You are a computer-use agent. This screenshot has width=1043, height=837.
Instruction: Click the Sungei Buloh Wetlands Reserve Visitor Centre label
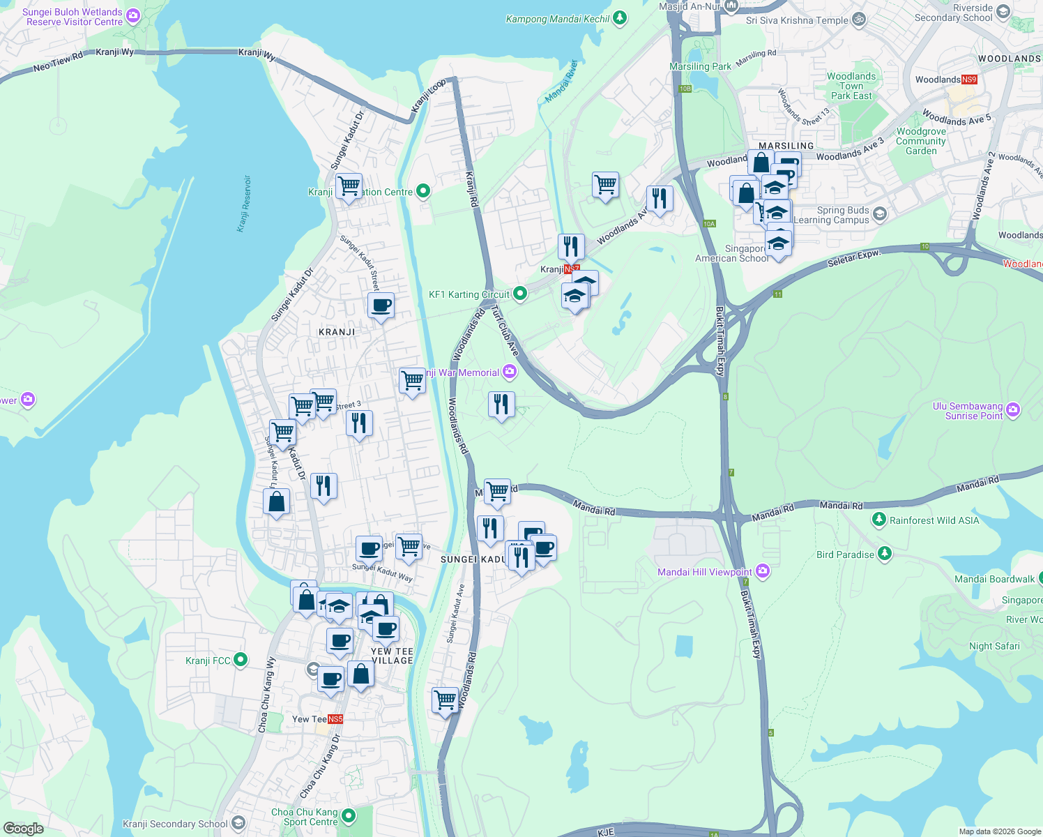pyautogui.click(x=73, y=17)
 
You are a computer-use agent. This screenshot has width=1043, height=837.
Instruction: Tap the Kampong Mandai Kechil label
pyautogui.click(x=558, y=19)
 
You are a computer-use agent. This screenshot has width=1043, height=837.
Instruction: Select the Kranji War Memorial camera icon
pyautogui.click(x=510, y=372)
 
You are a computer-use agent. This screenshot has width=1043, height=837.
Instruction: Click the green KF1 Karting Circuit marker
pyautogui.click(x=519, y=294)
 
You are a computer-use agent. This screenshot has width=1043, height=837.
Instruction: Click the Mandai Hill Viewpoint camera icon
pyautogui.click(x=763, y=571)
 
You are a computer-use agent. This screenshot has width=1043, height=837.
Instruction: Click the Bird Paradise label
pyautogui.click(x=845, y=555)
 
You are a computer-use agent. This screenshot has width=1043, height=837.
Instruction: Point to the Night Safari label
pyautogui.click(x=994, y=646)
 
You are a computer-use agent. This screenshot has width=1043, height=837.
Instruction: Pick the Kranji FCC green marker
pyautogui.click(x=241, y=659)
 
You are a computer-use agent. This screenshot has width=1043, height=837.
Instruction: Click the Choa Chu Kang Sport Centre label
pyautogui.click(x=304, y=817)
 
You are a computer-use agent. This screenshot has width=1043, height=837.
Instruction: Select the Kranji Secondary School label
pyautogui.click(x=175, y=824)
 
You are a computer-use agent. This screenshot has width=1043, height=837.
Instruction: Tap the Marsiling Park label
pyautogui.click(x=700, y=66)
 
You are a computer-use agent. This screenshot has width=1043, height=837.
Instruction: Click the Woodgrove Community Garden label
pyautogui.click(x=921, y=141)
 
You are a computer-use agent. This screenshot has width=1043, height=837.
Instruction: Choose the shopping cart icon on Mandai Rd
pyautogui.click(x=497, y=491)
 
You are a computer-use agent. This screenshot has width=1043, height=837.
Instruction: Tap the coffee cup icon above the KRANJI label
pyautogui.click(x=381, y=305)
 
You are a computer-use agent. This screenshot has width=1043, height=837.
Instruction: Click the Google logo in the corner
pyautogui.click(x=23, y=828)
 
